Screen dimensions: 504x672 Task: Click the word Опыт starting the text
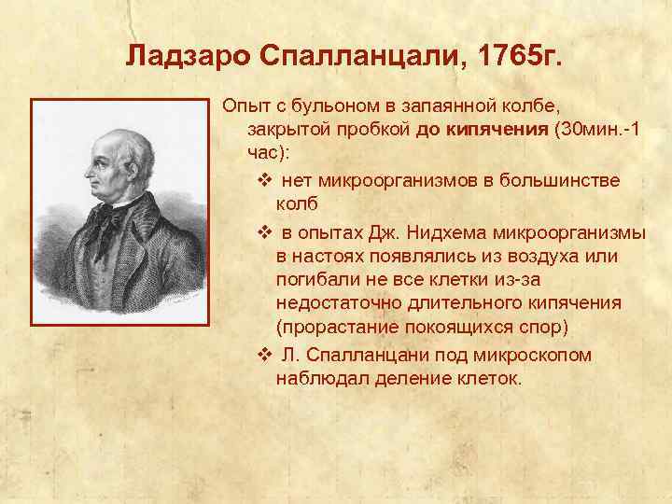coord(246,105)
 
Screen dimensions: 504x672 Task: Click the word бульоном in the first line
coord(335,105)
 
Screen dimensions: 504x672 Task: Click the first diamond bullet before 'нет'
coord(262,178)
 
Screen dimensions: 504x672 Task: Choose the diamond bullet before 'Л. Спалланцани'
coord(262,356)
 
